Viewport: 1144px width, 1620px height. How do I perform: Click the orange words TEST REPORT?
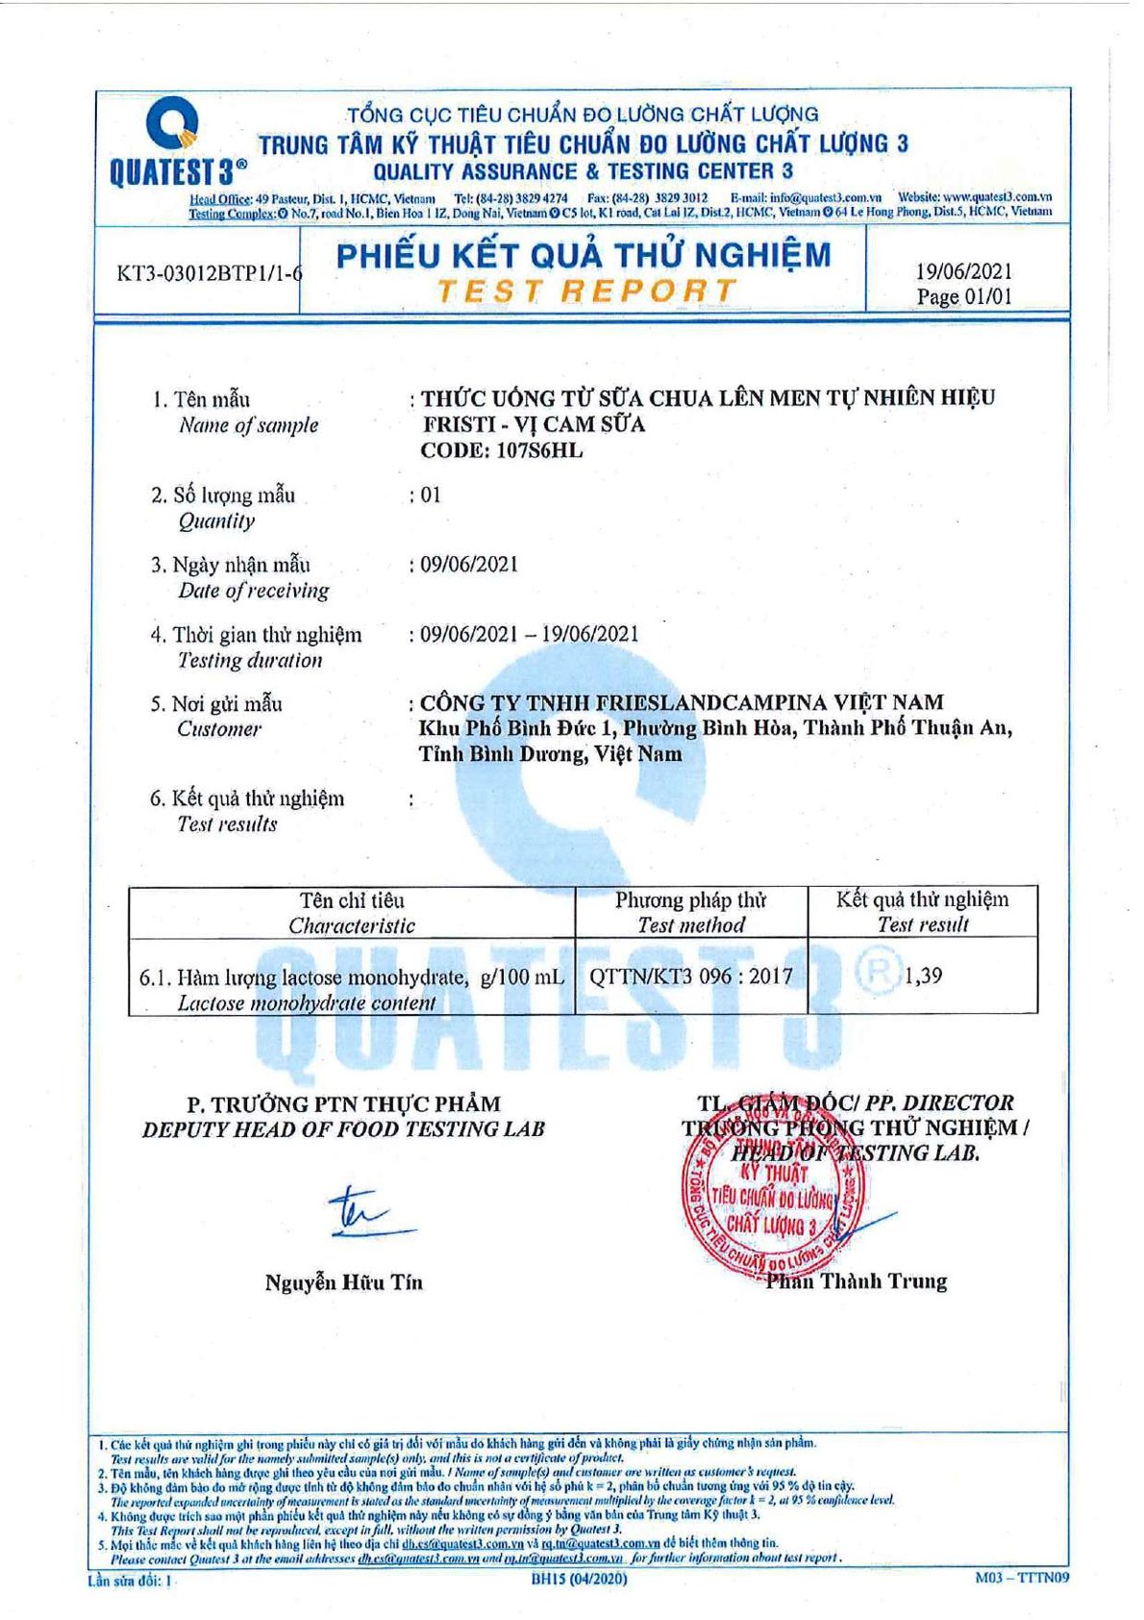pos(586,290)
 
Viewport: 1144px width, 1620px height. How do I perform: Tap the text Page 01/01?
pos(964,296)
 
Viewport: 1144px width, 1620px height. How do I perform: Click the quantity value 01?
pos(431,495)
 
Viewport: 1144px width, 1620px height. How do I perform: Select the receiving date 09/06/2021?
pos(469,565)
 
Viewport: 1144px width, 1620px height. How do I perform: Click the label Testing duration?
pos(250,660)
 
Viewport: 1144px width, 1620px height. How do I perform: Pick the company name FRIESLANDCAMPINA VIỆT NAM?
pos(682,702)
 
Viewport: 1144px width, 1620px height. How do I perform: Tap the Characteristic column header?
pos(352,925)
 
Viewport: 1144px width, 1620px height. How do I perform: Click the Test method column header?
pos(690,925)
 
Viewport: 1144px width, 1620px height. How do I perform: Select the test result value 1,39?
pos(923,975)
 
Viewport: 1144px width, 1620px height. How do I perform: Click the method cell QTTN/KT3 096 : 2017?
pos(691,976)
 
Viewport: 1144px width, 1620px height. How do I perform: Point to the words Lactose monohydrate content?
pos(307,1002)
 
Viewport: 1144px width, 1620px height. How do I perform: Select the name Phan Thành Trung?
pos(857,1281)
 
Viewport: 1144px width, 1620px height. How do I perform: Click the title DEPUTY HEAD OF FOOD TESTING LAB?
pos(343,1129)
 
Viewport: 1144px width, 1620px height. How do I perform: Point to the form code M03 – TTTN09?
pos(1021,1577)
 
